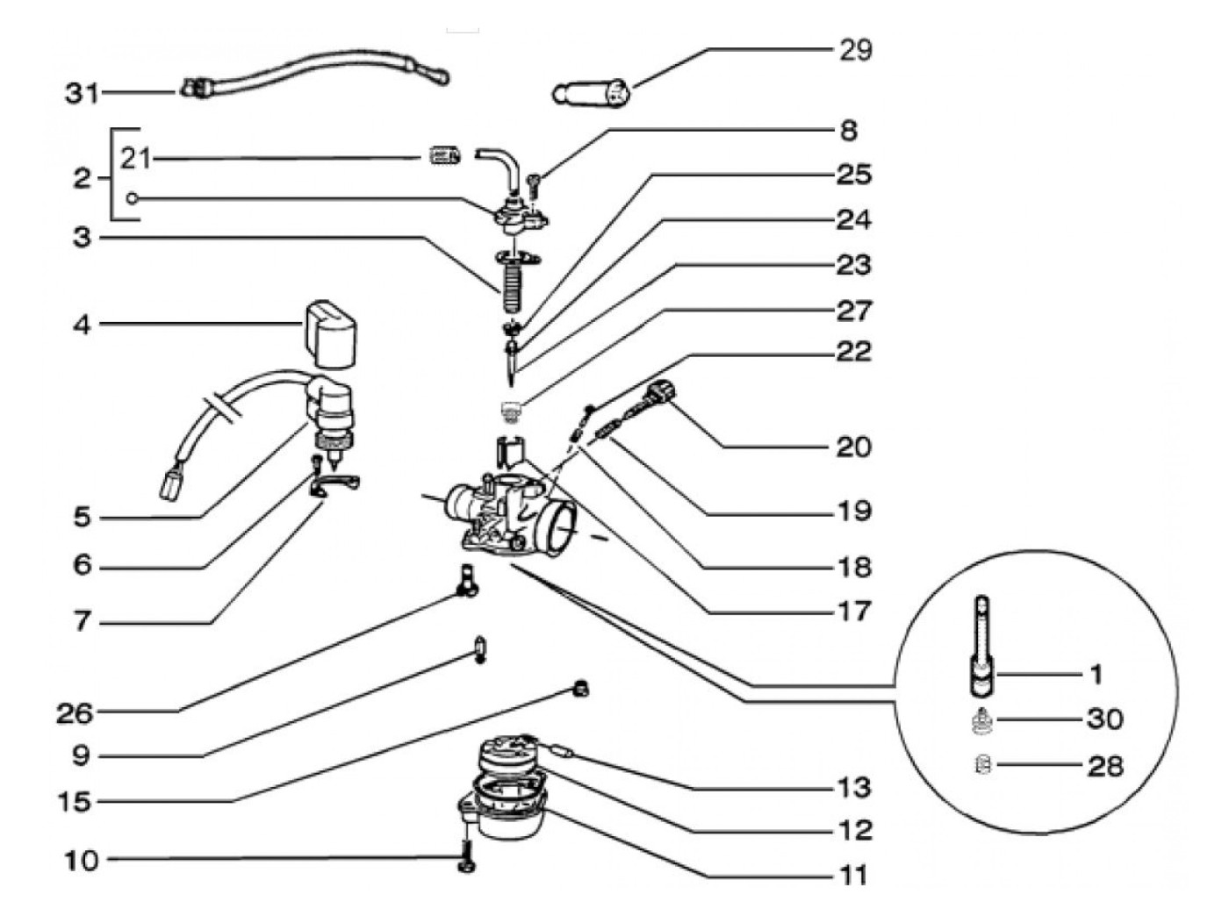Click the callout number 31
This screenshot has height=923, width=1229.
click(83, 93)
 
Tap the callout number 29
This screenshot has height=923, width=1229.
click(855, 50)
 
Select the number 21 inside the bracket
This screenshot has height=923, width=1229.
click(135, 159)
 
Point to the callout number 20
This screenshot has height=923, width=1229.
click(853, 447)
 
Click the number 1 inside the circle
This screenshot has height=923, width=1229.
click(1096, 675)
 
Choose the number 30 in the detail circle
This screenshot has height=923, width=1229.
click(1104, 719)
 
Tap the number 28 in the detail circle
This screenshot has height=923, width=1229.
click(1105, 766)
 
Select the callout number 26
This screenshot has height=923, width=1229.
click(75, 712)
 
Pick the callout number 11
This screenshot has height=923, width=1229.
click(852, 875)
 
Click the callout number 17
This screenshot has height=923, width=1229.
click(853, 611)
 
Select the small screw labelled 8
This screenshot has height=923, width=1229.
click(535, 185)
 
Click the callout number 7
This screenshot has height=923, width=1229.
click(82, 622)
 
